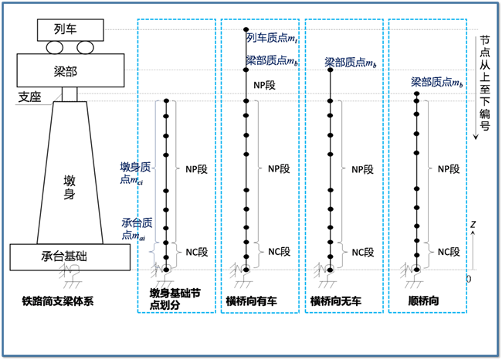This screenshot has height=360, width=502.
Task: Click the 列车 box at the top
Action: [69, 29]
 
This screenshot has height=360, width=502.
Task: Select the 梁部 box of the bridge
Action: [69, 70]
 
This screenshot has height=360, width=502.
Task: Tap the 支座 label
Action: [31, 97]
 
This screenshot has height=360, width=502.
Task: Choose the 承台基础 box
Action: [70, 256]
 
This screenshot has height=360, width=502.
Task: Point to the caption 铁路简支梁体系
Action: [59, 301]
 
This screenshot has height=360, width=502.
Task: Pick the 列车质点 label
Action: [270, 37]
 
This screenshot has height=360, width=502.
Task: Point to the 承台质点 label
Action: [138, 229]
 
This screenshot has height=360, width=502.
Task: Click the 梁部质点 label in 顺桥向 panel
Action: [436, 81]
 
